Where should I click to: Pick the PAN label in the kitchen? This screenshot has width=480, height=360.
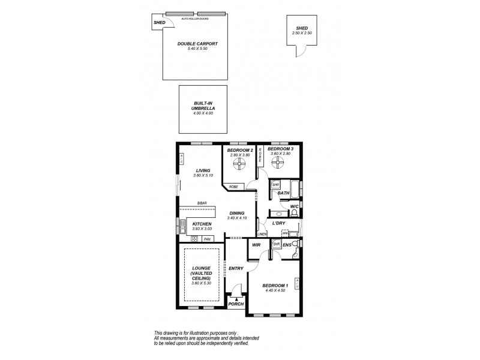[208, 239]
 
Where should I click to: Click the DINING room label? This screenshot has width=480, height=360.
[237, 212]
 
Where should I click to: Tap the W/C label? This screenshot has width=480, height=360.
[294, 206]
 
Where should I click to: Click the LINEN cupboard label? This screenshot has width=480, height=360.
[262, 233]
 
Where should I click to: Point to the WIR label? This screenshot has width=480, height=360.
[257, 245]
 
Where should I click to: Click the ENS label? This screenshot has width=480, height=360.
[287, 245]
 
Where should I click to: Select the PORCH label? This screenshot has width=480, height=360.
[236, 304]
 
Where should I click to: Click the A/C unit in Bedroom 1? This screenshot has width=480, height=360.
[297, 285]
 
